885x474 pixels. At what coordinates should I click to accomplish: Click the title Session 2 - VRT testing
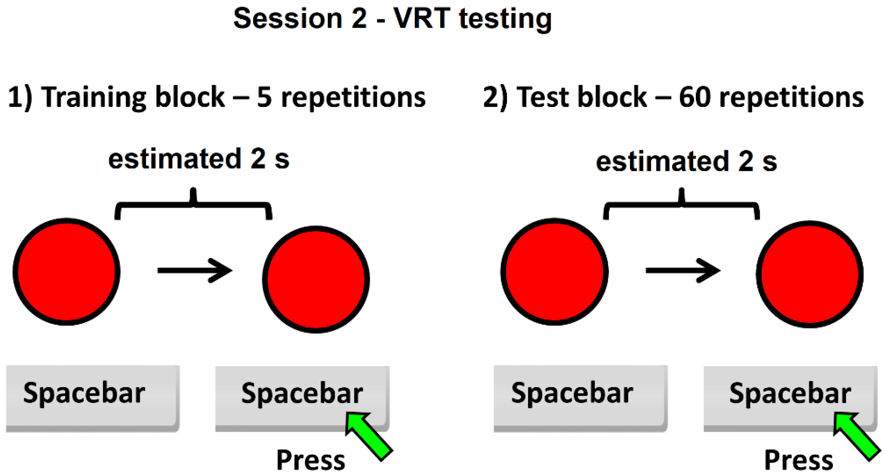click(x=392, y=19)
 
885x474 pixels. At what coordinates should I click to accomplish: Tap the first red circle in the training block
click(x=66, y=271)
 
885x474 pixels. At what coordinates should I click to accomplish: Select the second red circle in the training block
click(x=316, y=279)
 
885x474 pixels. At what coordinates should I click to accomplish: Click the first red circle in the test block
click(x=554, y=271)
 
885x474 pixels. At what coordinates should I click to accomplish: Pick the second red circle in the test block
click(x=809, y=274)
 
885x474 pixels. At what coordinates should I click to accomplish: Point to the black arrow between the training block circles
click(x=194, y=271)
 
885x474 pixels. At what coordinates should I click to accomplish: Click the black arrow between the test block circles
click(x=683, y=271)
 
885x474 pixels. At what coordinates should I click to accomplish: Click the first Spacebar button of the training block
click(x=92, y=398)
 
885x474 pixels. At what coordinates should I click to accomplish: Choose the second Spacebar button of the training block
click(x=302, y=398)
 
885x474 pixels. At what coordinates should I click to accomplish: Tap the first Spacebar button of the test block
click(x=580, y=398)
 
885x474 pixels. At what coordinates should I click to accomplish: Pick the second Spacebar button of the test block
click(x=790, y=398)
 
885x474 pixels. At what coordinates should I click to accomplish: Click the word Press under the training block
click(x=310, y=460)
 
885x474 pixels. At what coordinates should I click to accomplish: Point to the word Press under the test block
click(x=798, y=460)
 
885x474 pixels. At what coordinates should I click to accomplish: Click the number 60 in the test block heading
click(x=694, y=98)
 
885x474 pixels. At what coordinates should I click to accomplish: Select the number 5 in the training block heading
click(x=264, y=98)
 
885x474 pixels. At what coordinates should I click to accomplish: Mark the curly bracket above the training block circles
click(x=193, y=205)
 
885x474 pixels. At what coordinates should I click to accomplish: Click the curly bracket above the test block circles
click(x=681, y=205)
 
